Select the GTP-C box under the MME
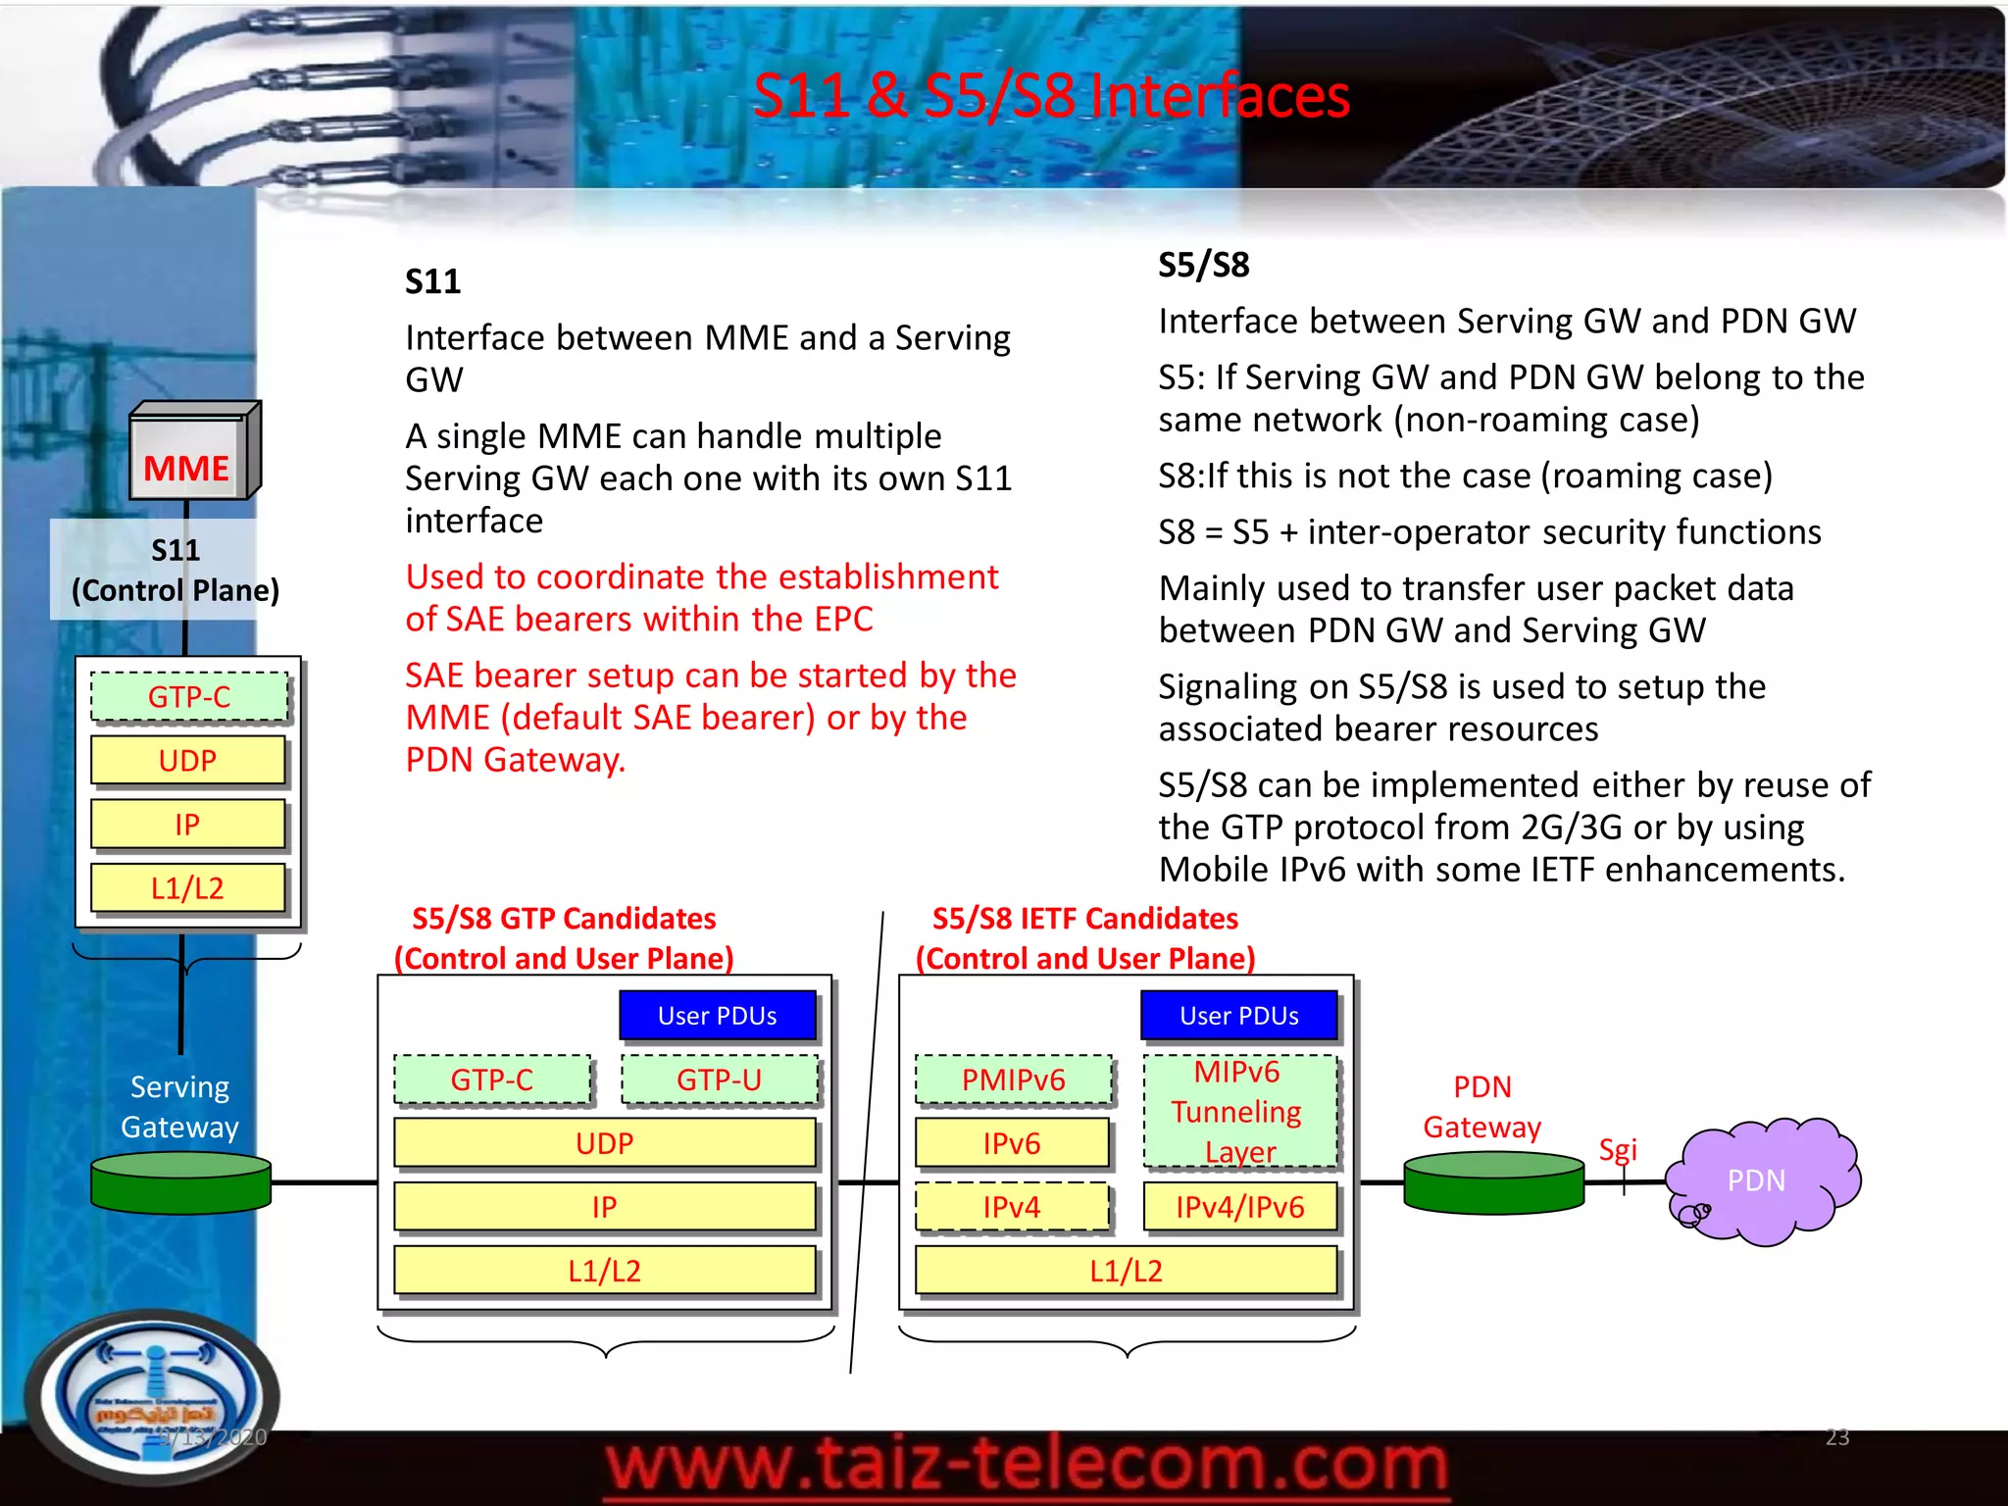tap(189, 697)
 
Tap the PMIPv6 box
tap(1013, 1079)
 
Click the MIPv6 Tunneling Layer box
tap(1239, 1112)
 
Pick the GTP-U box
tap(719, 1079)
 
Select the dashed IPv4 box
tap(1011, 1207)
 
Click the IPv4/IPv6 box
tap(1239, 1207)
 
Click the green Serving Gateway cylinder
tap(180, 1182)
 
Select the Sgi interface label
tap(1618, 1149)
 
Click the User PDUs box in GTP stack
tap(717, 1016)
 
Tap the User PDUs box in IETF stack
tap(1238, 1016)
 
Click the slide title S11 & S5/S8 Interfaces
tap(1050, 96)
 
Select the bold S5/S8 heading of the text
tap(1203, 265)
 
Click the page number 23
tap(1836, 1436)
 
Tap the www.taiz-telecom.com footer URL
tap(1026, 1466)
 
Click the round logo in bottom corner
tap(152, 1397)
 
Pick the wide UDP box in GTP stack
tap(604, 1143)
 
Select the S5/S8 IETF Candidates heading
tap(1084, 919)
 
